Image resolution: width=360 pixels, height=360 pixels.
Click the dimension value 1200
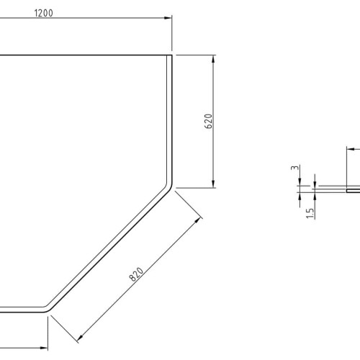coord(44,13)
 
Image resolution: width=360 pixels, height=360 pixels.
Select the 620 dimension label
coord(209,121)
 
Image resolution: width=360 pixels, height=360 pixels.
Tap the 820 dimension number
coord(136,274)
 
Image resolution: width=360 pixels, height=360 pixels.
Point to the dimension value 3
coord(295,168)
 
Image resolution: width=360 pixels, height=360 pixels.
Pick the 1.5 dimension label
coord(310,213)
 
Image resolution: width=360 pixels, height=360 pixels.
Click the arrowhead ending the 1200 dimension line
coord(168,18)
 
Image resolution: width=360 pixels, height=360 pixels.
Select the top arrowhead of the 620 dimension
coord(213,59)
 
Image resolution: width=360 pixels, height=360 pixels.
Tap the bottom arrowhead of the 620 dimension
coord(213,184)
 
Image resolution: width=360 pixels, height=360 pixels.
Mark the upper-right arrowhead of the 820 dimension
coord(197,220)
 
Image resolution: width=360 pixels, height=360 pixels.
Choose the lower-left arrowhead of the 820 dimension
coord(81,338)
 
